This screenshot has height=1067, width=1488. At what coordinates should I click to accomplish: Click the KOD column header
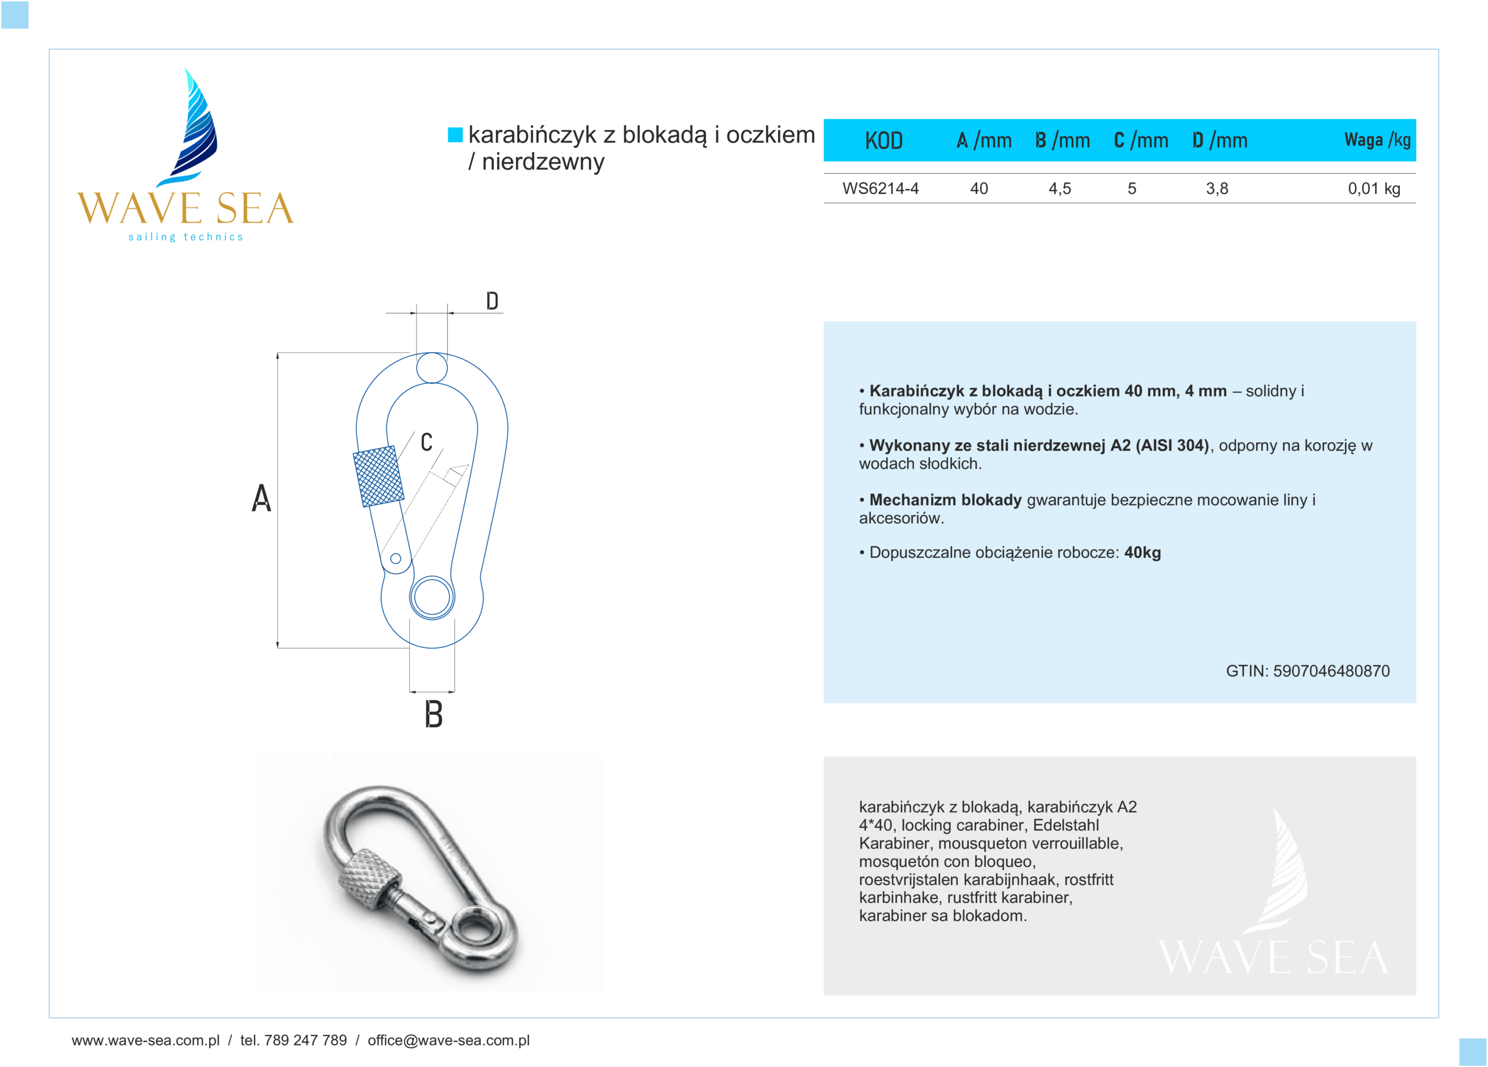883,140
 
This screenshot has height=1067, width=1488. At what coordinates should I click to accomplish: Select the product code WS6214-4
880,189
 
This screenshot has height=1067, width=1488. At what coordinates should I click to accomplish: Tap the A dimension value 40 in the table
978,189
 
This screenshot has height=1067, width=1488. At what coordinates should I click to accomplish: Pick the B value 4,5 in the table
1059,189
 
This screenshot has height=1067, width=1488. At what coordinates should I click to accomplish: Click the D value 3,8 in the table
1217,189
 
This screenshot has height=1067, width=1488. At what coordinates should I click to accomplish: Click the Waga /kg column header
1376,139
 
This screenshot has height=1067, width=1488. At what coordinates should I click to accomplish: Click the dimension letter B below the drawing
433,714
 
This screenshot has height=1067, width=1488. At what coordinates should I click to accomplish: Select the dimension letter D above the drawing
492,301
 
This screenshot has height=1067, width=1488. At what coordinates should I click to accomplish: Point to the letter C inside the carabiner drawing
427,443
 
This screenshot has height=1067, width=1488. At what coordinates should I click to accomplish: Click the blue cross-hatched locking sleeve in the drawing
378,476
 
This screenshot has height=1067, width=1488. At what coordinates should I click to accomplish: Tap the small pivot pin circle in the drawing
396,558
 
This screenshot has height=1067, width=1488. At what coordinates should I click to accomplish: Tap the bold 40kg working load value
1142,553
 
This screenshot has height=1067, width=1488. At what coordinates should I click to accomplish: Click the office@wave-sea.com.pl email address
448,1040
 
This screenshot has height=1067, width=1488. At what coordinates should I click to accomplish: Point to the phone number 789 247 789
305,1040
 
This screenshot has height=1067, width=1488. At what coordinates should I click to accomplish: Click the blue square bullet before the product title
455,134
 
